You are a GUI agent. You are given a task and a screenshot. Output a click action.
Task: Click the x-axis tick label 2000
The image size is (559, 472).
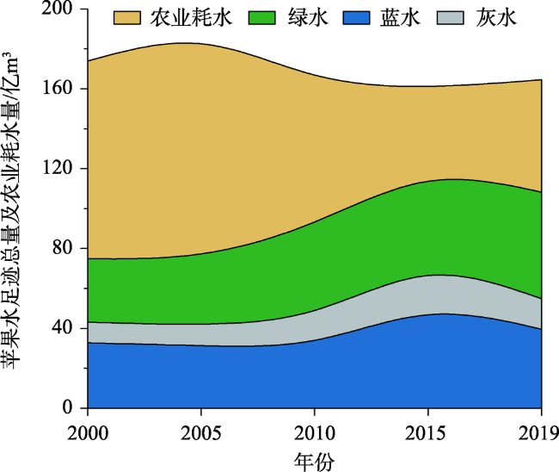coord(89,428)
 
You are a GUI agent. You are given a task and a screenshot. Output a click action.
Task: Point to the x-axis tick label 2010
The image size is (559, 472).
coord(315,428)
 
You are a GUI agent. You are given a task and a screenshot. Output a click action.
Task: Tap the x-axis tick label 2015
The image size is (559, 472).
coord(427,428)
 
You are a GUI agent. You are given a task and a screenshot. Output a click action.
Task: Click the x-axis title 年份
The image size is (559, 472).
coord(314,456)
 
